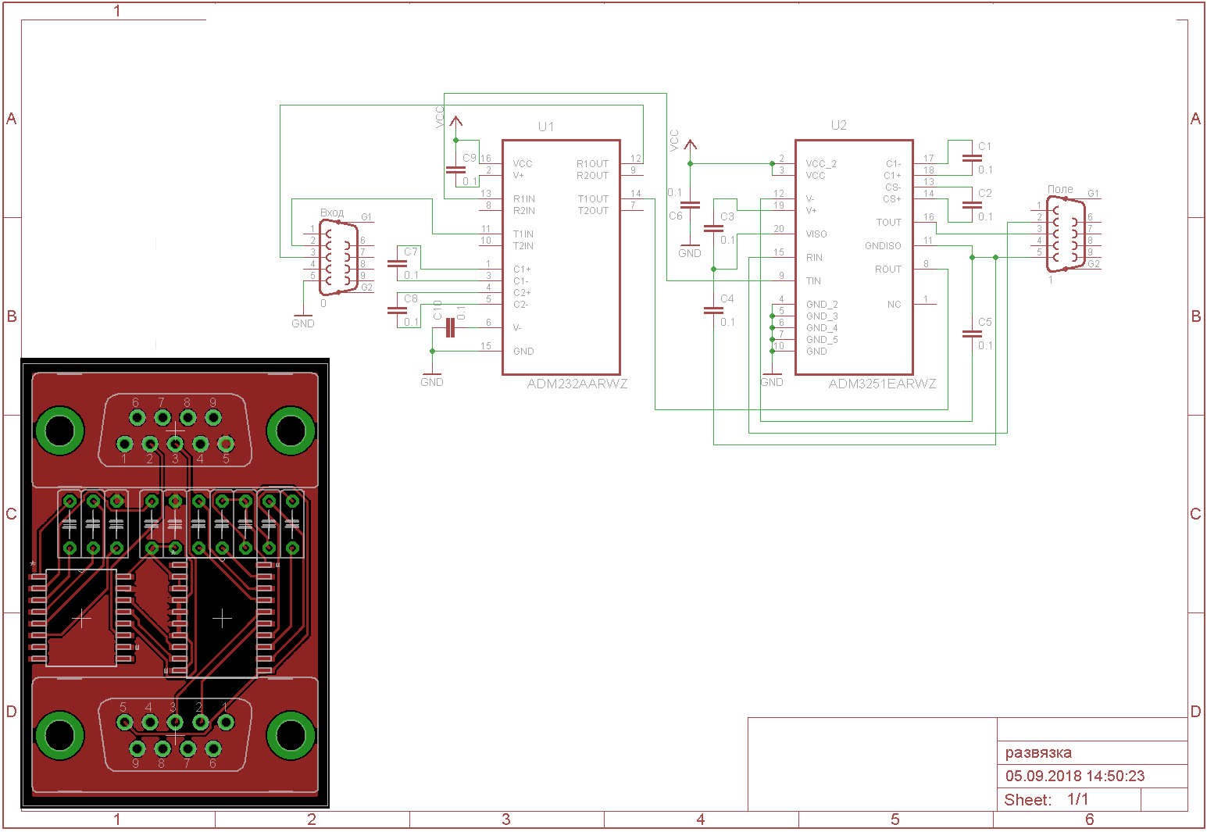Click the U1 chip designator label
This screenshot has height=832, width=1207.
[x=546, y=127]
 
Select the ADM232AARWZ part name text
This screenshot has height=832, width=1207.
[x=577, y=384]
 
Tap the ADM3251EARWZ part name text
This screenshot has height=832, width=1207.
[x=882, y=384]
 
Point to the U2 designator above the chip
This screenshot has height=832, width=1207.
[x=838, y=125]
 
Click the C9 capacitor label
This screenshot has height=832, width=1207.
[x=469, y=158]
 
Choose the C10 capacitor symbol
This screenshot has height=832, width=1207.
[x=449, y=328]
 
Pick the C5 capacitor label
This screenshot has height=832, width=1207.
[x=984, y=322]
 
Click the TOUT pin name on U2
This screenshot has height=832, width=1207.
[x=888, y=223]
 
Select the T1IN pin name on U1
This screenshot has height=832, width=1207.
[x=523, y=234]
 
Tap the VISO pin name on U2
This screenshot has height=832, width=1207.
[x=816, y=234]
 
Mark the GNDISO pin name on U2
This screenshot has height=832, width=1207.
[x=883, y=246]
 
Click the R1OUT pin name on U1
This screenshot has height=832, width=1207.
[x=592, y=164]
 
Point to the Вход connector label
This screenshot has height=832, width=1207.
[x=332, y=212]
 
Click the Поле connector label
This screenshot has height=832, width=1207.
[x=1060, y=189]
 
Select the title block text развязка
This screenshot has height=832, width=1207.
[x=1038, y=753]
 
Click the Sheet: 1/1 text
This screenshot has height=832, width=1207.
[x=1046, y=800]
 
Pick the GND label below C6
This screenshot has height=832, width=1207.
[x=690, y=253]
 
